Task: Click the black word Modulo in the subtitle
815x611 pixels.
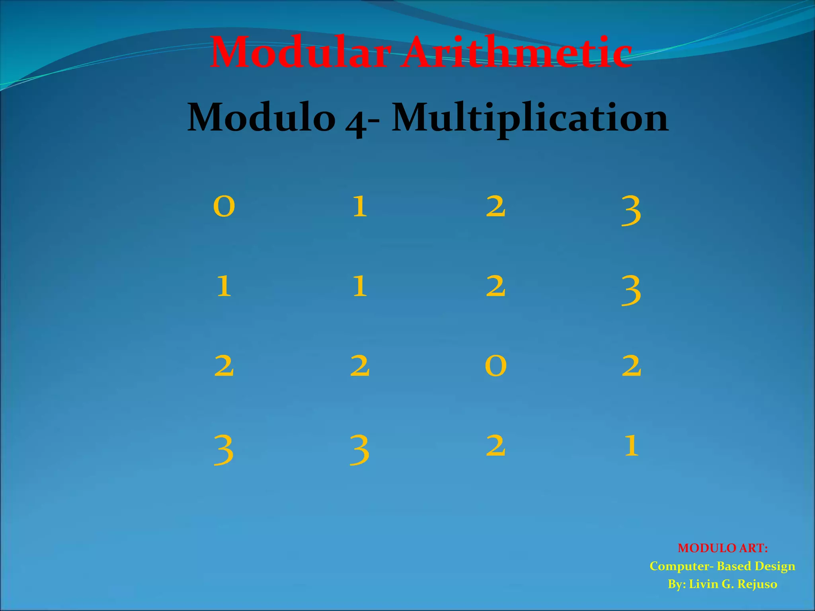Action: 261,117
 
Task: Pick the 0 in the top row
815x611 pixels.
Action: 224,206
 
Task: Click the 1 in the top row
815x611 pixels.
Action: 360,206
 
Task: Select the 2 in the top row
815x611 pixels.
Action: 495,206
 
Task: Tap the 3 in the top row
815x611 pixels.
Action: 631,211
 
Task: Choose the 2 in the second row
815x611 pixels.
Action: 495,286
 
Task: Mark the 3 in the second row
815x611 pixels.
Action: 631,290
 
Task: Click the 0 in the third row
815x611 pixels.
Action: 495,366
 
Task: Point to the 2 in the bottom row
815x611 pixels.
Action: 495,445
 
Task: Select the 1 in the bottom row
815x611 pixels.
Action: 631,445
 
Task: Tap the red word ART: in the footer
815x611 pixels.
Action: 753,548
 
